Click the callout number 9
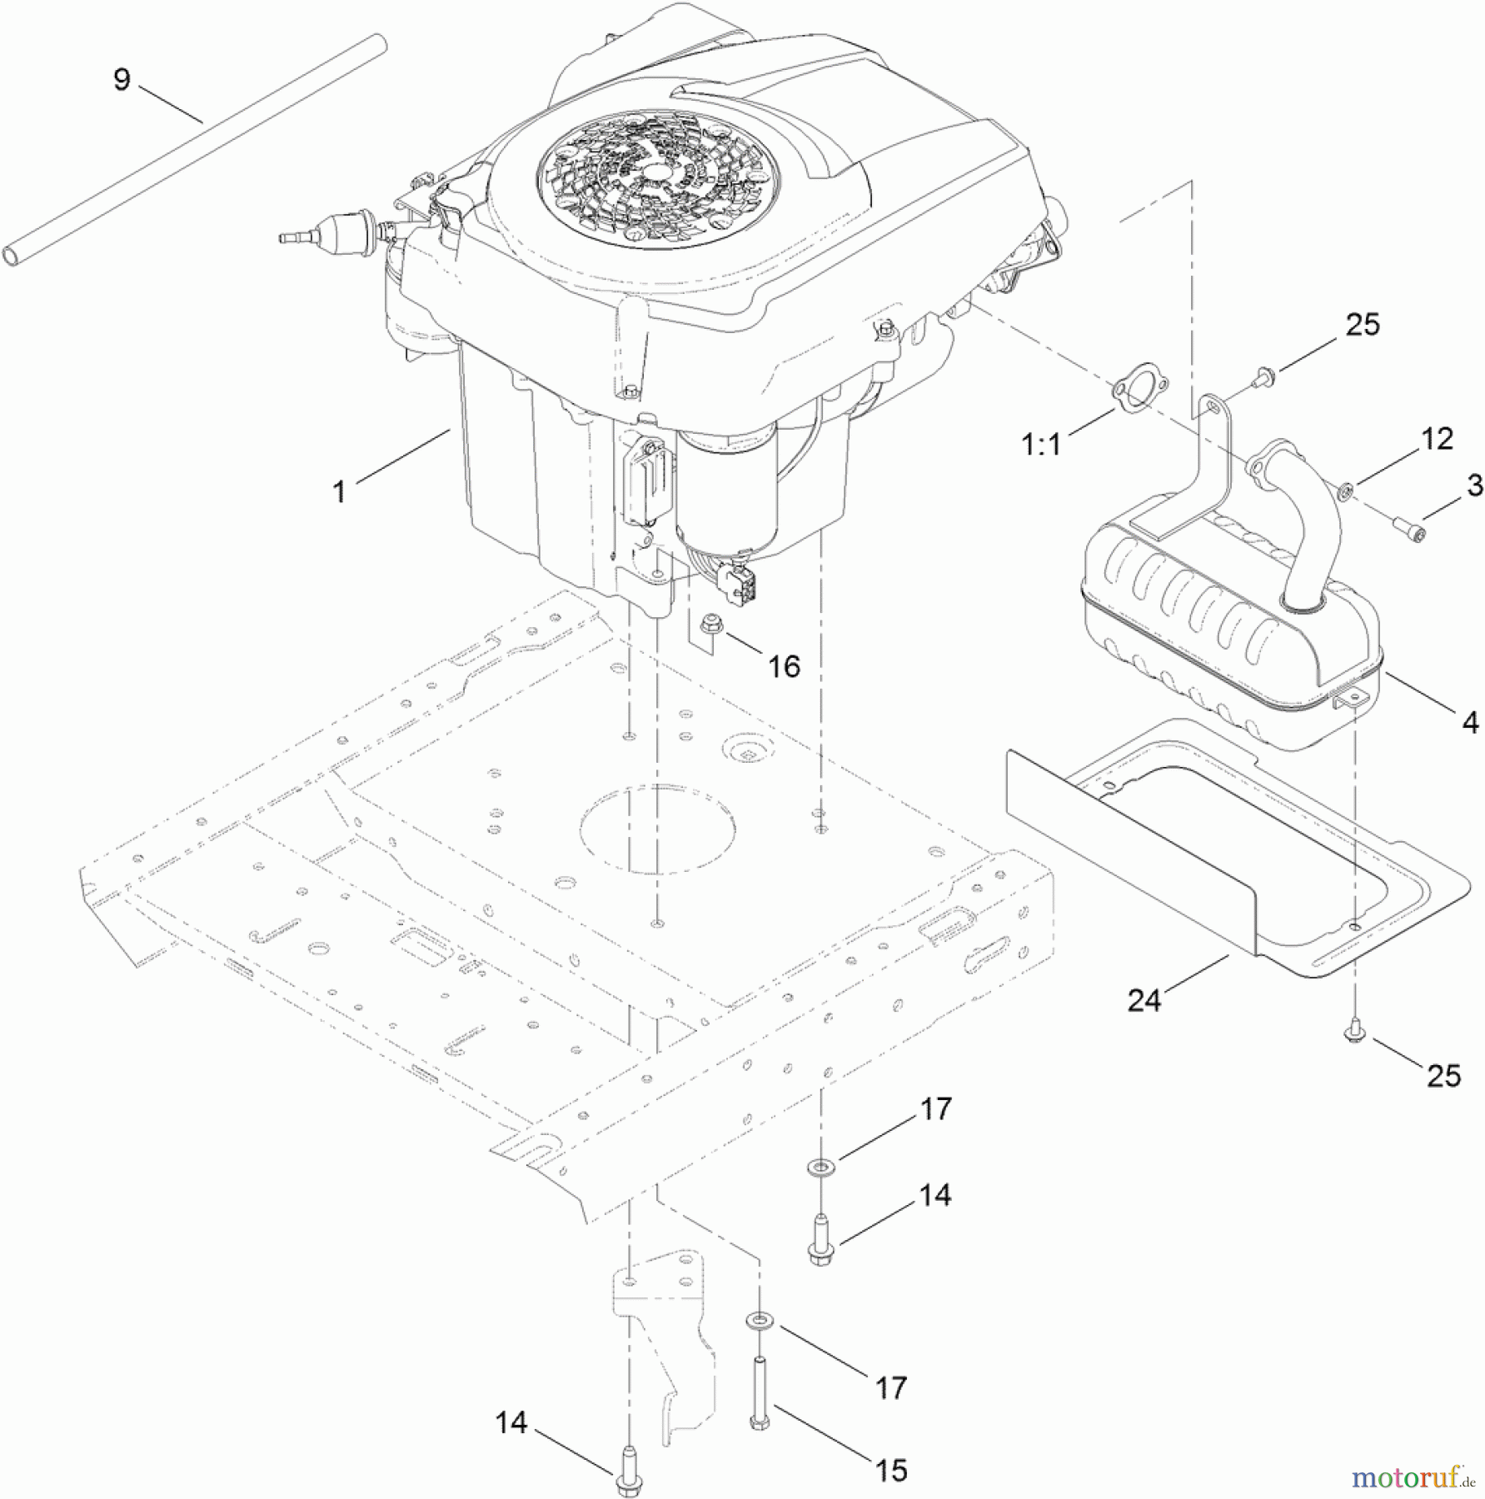[122, 80]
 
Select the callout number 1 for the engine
[339, 492]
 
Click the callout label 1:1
[1042, 445]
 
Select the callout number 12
[1437, 439]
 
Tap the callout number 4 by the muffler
[1470, 722]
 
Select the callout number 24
[1144, 1000]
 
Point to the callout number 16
[784, 665]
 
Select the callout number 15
[891, 1470]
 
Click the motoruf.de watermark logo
[1412, 1477]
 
